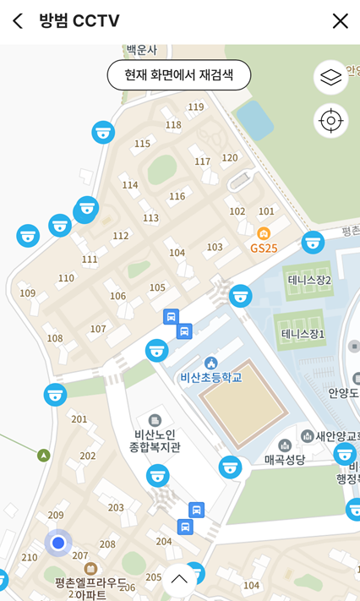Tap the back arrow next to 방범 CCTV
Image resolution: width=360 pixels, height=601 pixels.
pos(18,21)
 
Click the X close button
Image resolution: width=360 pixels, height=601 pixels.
pos(340,21)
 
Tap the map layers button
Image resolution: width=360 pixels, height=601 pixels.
pos(330,78)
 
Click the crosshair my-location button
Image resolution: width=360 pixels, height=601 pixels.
pos(330,121)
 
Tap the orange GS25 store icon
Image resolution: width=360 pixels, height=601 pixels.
pos(264,233)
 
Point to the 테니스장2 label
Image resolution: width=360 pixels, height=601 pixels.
pos(309,280)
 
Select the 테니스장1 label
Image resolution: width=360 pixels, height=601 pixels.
pos(303,335)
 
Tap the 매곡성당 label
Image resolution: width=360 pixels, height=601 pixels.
pos(284,459)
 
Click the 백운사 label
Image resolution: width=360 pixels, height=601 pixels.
pos(141,50)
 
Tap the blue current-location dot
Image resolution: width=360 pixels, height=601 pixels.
pos(58,543)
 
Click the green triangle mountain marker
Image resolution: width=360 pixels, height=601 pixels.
pos(44,456)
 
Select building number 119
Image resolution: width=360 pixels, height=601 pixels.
pos(196,107)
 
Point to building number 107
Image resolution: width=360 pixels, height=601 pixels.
pos(98,329)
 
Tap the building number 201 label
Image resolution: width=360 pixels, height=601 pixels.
pos(79,419)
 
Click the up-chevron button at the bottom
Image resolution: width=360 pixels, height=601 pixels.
pos(179,579)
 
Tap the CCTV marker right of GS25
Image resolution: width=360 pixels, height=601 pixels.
pos(313,243)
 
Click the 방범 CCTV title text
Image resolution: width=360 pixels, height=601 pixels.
pos(79,21)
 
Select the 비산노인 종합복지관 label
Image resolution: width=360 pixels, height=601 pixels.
pos(152,440)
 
